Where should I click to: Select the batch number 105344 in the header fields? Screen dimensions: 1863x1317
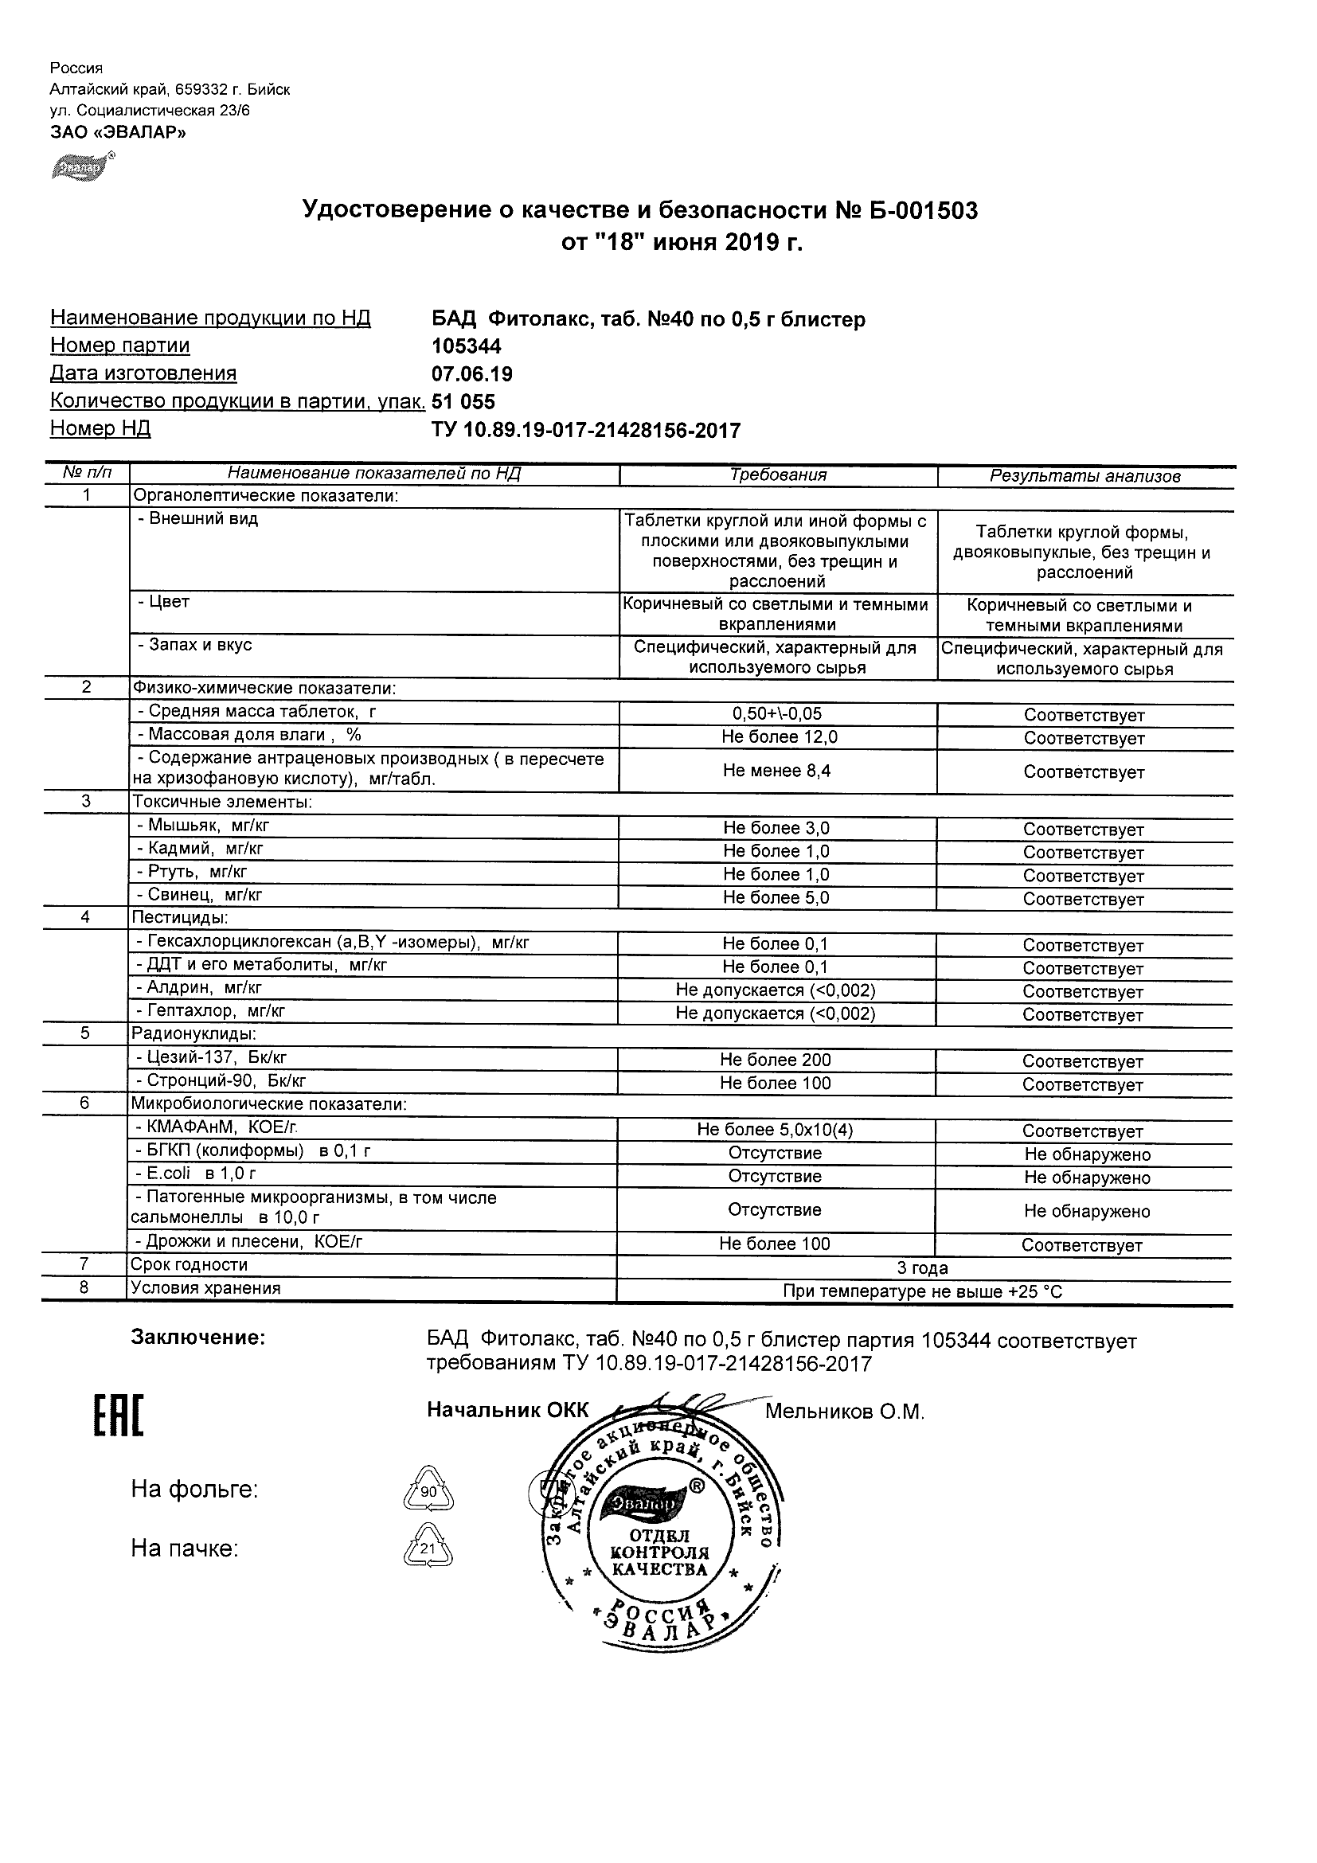(467, 346)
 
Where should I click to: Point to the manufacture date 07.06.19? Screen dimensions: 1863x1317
(472, 374)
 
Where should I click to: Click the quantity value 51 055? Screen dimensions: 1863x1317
(463, 401)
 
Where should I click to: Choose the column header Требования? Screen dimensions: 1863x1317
(777, 475)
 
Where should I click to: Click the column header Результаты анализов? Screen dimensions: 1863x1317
(1085, 476)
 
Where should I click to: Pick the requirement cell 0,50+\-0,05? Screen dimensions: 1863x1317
(776, 714)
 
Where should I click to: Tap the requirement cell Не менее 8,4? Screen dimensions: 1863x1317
(776, 771)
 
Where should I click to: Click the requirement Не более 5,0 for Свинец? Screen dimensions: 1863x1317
(776, 898)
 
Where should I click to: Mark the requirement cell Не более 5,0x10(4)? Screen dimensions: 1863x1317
(775, 1131)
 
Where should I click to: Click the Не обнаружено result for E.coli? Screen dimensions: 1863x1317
(1087, 1178)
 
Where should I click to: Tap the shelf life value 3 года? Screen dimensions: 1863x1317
(923, 1268)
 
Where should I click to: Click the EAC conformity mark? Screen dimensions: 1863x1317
(119, 1416)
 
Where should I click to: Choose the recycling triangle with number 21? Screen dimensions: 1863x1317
(428, 1549)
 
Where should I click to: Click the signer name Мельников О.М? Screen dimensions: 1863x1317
(844, 1412)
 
